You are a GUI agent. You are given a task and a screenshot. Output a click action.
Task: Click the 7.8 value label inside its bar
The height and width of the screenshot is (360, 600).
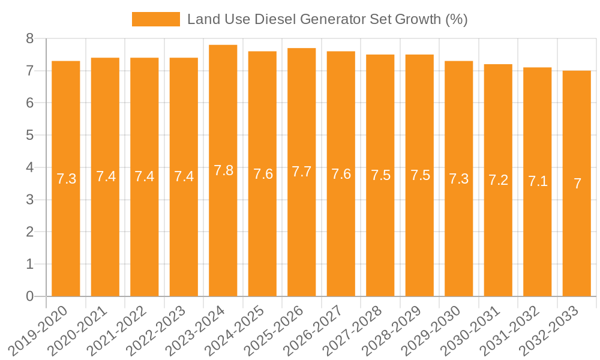(x=223, y=170)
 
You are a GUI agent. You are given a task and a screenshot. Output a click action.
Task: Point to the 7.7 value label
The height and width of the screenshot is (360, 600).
(x=302, y=172)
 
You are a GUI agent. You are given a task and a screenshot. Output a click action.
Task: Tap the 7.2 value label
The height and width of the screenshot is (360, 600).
(x=498, y=180)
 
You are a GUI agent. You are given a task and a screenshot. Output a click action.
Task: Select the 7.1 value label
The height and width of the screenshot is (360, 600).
(x=538, y=181)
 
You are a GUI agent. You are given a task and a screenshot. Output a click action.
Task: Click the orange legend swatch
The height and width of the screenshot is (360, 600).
(x=156, y=19)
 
